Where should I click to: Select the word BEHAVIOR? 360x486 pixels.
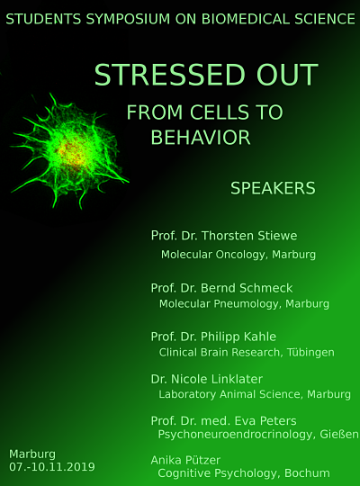[x=201, y=138]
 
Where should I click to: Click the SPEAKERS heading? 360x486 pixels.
[x=273, y=188]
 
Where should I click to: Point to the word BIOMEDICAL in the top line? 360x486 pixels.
[x=246, y=19]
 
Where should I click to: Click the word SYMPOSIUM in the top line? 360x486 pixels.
[x=128, y=19]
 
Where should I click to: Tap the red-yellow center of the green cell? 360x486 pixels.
[x=71, y=153]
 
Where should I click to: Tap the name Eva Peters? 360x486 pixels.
[x=265, y=421]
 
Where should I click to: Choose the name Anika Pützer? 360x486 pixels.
[x=185, y=460]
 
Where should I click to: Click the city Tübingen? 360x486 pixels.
[x=310, y=353]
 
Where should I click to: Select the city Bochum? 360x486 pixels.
[x=307, y=473]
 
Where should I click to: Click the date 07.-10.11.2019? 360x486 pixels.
[x=52, y=467]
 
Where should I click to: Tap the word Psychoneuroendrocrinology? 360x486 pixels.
[x=237, y=435]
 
